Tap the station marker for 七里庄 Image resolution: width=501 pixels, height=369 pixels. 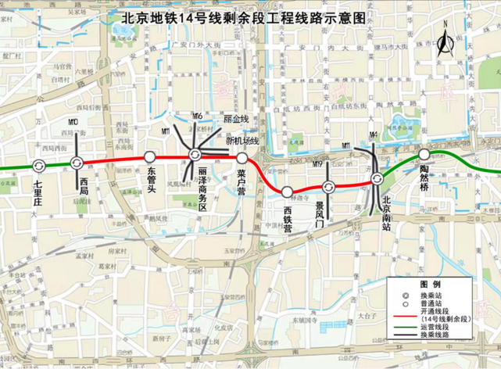coord(39,165)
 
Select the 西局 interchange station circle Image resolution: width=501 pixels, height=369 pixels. coord(77,163)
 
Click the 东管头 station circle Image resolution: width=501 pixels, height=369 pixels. coord(149,156)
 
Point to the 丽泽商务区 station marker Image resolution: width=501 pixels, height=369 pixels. coord(195,155)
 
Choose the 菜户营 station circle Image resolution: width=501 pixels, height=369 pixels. coord(242,157)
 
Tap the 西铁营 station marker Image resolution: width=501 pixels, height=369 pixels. coord(288,192)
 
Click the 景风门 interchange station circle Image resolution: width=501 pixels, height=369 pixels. coord(329,186)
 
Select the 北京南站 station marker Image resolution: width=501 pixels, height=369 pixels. coord(377,179)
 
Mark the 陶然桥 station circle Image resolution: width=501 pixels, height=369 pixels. coord(423,155)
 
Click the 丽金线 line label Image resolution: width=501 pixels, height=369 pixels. coord(235,119)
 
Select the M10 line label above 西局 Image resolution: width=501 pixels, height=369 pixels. coord(73,123)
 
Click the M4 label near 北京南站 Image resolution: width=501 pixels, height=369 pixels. coord(374,135)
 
